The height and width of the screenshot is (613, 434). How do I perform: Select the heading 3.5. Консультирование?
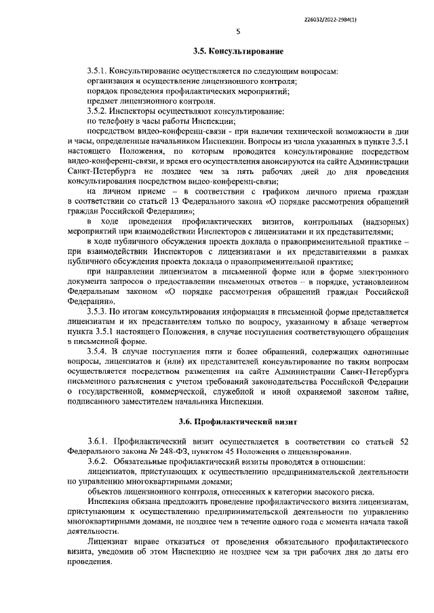pos(237,51)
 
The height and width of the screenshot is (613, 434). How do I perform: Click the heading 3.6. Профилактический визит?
pos(237,420)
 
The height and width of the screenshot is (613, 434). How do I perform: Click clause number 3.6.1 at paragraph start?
pos(99,442)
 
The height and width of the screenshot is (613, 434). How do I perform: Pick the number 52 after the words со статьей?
pos(402,442)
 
